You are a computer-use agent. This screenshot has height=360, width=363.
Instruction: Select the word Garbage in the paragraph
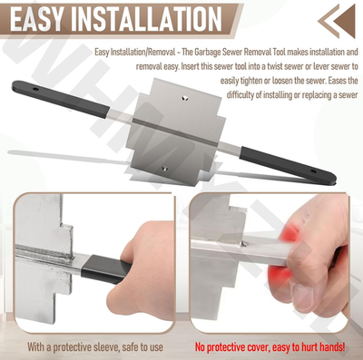(x=235, y=52)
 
